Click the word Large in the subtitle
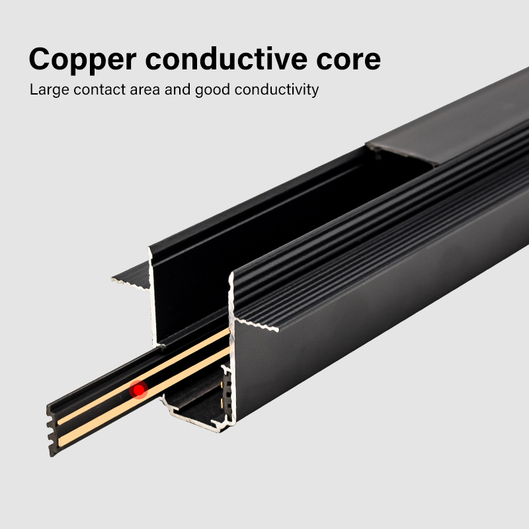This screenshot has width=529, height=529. pos(47,89)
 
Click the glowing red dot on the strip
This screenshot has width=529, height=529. pos(138,389)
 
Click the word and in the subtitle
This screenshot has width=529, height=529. pos(177,89)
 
